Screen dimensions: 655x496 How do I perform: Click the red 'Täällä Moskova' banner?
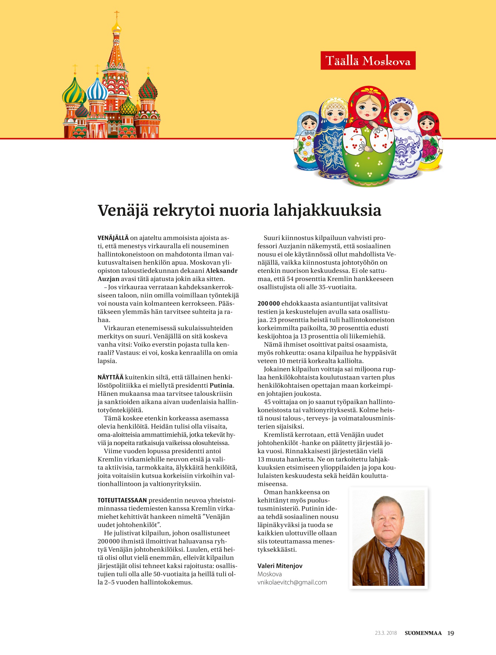[x=368, y=60]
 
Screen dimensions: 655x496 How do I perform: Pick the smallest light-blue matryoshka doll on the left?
[x=306, y=143]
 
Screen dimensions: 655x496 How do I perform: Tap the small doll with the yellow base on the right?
[x=430, y=143]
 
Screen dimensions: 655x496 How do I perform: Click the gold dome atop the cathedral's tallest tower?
[x=117, y=27]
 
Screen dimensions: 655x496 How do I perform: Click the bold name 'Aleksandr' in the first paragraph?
[x=222, y=271]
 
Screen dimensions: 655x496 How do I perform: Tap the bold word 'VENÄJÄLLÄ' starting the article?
[x=113, y=238]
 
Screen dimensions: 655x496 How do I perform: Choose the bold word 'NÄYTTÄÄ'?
[x=111, y=377]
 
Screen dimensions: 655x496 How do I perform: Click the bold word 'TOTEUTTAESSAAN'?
[x=122, y=500]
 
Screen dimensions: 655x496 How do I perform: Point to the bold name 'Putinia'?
[x=222, y=385]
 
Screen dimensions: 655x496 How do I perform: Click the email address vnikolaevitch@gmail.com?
[x=292, y=582]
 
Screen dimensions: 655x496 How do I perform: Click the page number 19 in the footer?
[x=451, y=633]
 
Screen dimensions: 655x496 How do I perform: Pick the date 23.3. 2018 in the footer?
[x=386, y=633]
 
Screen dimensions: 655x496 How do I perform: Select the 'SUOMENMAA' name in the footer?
[x=423, y=633]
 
